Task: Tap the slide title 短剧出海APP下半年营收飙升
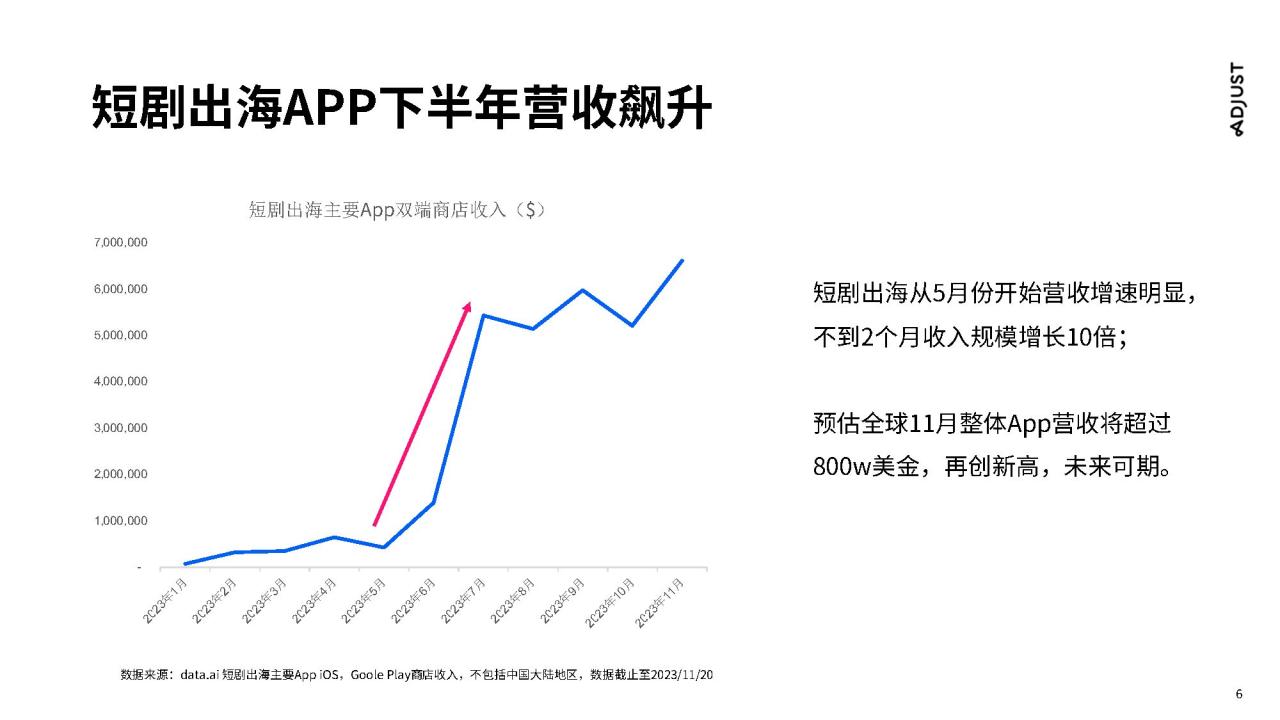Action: click(x=402, y=107)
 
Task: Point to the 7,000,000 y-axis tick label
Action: click(x=121, y=242)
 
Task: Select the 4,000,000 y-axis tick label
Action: click(x=121, y=381)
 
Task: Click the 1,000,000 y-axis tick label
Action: click(x=121, y=521)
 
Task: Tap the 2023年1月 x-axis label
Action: click(x=165, y=601)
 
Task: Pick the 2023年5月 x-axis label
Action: click(x=363, y=601)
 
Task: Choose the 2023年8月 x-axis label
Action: click(x=513, y=601)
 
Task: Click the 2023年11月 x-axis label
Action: click(x=659, y=603)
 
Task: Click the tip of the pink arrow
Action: click(x=470, y=302)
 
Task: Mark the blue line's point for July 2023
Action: click(x=483, y=315)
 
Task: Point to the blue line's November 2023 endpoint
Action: click(x=682, y=261)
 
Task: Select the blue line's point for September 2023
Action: click(x=583, y=290)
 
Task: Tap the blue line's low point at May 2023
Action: click(x=384, y=547)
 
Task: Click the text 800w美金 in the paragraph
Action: click(x=866, y=467)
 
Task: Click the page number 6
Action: click(x=1239, y=694)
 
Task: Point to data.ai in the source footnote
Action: click(x=199, y=675)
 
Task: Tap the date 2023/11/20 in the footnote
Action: click(x=682, y=675)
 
